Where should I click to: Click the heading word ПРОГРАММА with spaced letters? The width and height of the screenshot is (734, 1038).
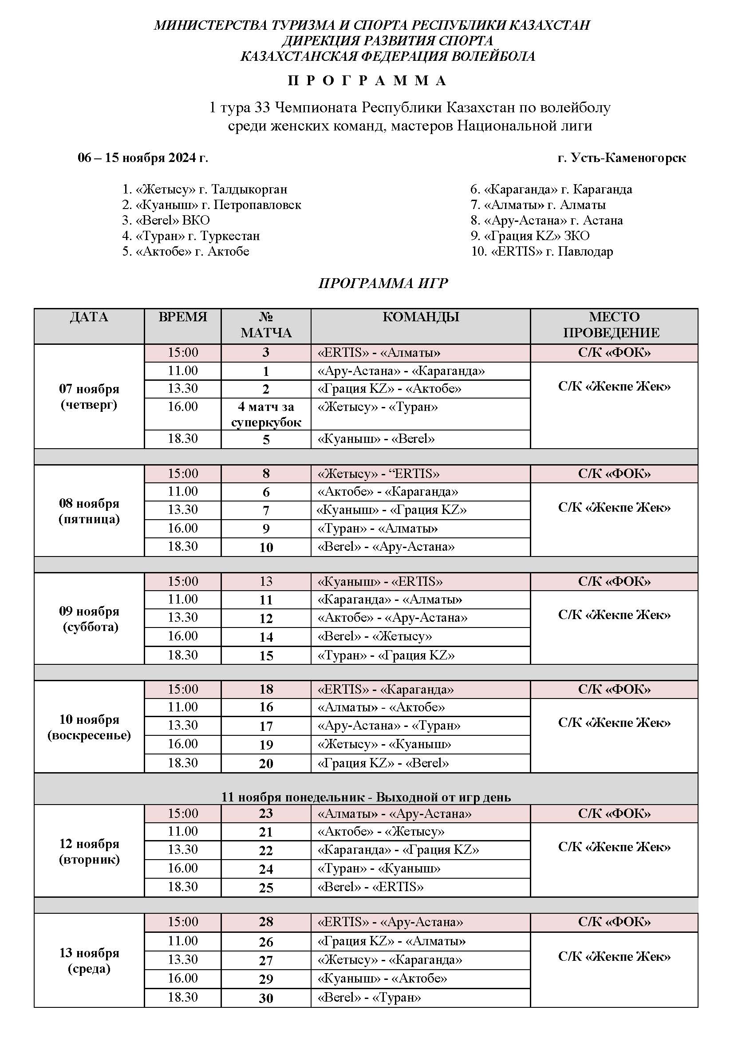(x=367, y=81)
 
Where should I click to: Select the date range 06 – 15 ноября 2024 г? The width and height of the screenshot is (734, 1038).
(x=143, y=158)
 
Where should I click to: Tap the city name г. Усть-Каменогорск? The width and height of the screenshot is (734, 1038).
(x=621, y=158)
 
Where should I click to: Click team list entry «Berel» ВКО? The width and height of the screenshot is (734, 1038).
(x=166, y=220)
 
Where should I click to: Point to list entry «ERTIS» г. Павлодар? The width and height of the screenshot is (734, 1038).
(x=542, y=251)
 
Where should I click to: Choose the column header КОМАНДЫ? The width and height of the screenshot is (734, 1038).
(x=420, y=317)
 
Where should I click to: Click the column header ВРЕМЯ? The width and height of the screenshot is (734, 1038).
(x=182, y=317)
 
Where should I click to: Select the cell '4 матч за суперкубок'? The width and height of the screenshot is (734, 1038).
(x=266, y=414)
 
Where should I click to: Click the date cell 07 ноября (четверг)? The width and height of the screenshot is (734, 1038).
(x=89, y=396)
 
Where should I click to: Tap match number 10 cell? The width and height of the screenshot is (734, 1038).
(x=266, y=547)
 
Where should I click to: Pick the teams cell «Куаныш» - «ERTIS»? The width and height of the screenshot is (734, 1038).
(x=380, y=581)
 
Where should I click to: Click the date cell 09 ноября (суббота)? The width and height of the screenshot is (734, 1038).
(x=89, y=619)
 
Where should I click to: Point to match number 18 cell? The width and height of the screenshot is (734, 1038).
(x=266, y=689)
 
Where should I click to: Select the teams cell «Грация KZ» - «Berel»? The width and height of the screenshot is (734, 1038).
(x=383, y=763)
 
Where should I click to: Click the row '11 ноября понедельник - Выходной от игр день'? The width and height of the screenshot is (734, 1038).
(x=366, y=797)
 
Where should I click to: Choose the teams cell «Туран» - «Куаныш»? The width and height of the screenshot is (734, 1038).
(x=379, y=868)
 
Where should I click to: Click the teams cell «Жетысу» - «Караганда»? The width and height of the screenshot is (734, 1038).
(x=390, y=960)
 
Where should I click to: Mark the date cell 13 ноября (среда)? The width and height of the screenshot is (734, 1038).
(x=89, y=961)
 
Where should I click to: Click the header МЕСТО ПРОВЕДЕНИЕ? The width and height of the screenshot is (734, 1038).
(x=614, y=324)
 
